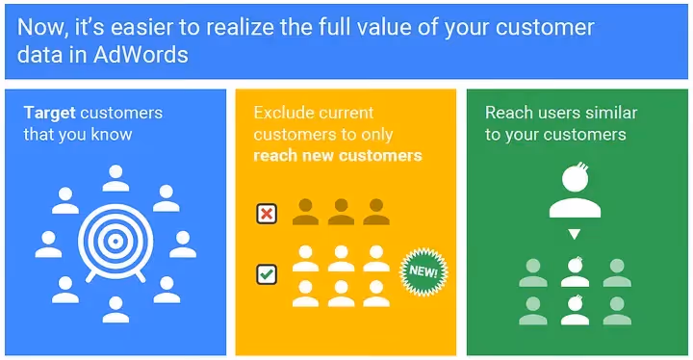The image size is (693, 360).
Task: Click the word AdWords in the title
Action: [141, 55]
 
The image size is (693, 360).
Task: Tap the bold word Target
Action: [49, 114]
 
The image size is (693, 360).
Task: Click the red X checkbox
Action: [267, 214]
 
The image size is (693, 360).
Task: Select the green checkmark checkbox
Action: [267, 274]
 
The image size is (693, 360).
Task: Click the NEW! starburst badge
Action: [423, 271]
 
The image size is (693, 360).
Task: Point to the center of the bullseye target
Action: [115, 242]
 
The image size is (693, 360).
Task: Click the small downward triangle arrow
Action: [575, 234]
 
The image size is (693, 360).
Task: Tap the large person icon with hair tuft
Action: [575, 191]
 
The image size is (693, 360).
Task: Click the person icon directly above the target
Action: [115, 178]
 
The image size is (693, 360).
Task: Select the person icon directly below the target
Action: [115, 310]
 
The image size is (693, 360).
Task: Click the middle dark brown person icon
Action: [341, 212]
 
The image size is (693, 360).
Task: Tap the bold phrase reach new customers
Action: [338, 156]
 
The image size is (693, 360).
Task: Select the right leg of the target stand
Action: [141, 276]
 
